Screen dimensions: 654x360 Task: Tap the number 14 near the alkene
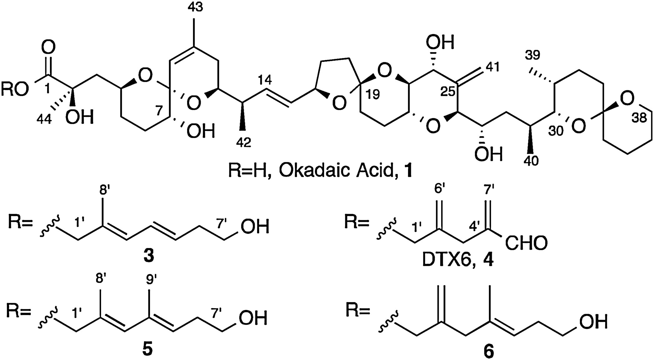(x=265, y=80)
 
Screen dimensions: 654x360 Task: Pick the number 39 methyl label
(x=533, y=55)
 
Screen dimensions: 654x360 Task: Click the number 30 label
(x=556, y=131)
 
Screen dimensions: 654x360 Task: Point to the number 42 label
(x=244, y=142)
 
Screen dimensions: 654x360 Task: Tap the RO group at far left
(x=14, y=90)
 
